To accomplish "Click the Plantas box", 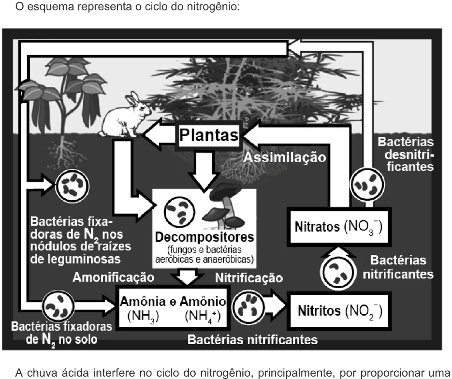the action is [209, 134].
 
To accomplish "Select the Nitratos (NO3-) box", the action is [339, 227].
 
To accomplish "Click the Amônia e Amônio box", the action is [173, 307].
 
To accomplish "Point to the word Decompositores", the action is [204, 237].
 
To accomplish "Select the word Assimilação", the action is [285, 158].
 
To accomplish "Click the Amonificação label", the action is [113, 277].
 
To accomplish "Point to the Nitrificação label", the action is [249, 278].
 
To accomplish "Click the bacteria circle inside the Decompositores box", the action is [179, 212].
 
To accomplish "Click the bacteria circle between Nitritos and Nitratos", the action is [338, 272].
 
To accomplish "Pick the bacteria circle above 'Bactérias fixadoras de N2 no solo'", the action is [58, 306].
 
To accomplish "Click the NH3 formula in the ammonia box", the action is [143, 317].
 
